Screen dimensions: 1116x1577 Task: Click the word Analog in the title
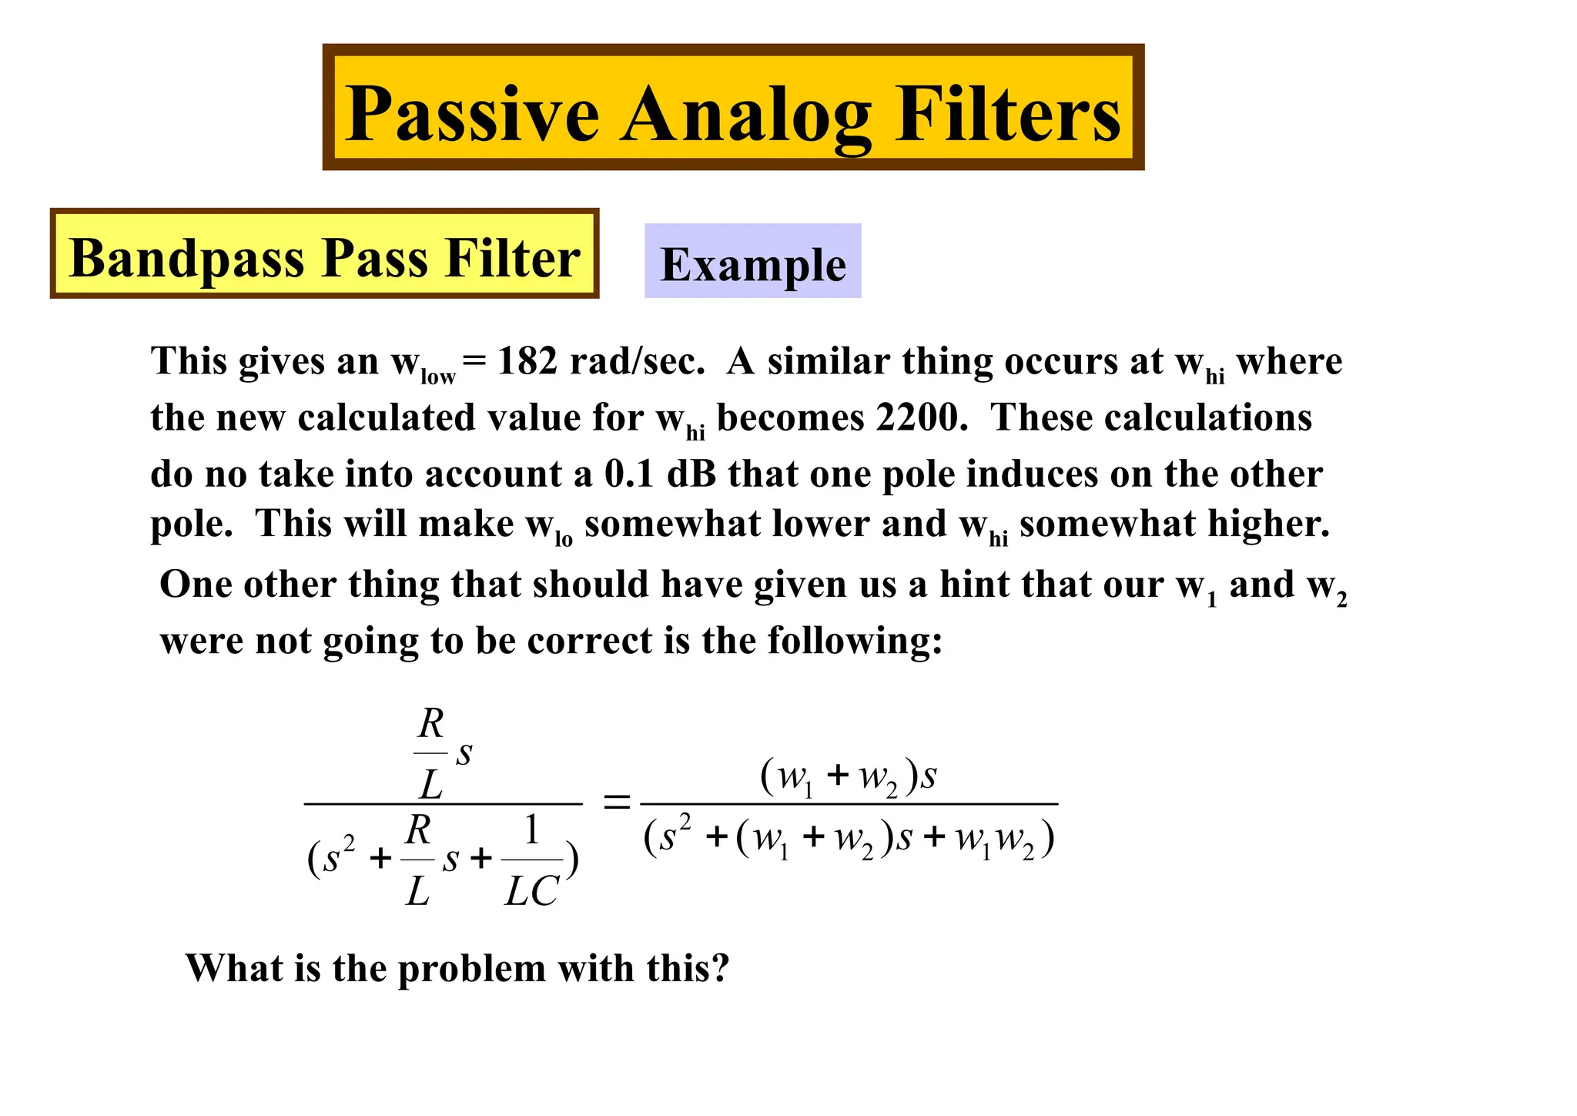pos(745,116)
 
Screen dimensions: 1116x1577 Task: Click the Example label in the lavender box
pos(753,264)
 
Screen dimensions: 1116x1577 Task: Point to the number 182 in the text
pos(527,360)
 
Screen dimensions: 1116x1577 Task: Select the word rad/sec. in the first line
pos(637,360)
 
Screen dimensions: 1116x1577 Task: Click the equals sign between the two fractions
pos(615,803)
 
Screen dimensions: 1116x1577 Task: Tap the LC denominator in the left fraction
pos(531,892)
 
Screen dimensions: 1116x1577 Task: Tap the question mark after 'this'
pos(719,968)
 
